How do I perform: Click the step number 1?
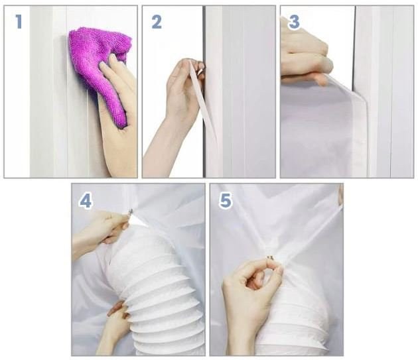point(19,22)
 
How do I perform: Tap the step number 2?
point(157,22)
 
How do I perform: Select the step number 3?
point(294,22)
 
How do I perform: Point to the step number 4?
point(86,201)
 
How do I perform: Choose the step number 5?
point(225,200)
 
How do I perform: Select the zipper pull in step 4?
point(131,212)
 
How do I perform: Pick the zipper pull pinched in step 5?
point(270,258)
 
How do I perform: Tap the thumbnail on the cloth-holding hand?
point(114,58)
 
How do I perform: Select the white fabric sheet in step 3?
point(320,128)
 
